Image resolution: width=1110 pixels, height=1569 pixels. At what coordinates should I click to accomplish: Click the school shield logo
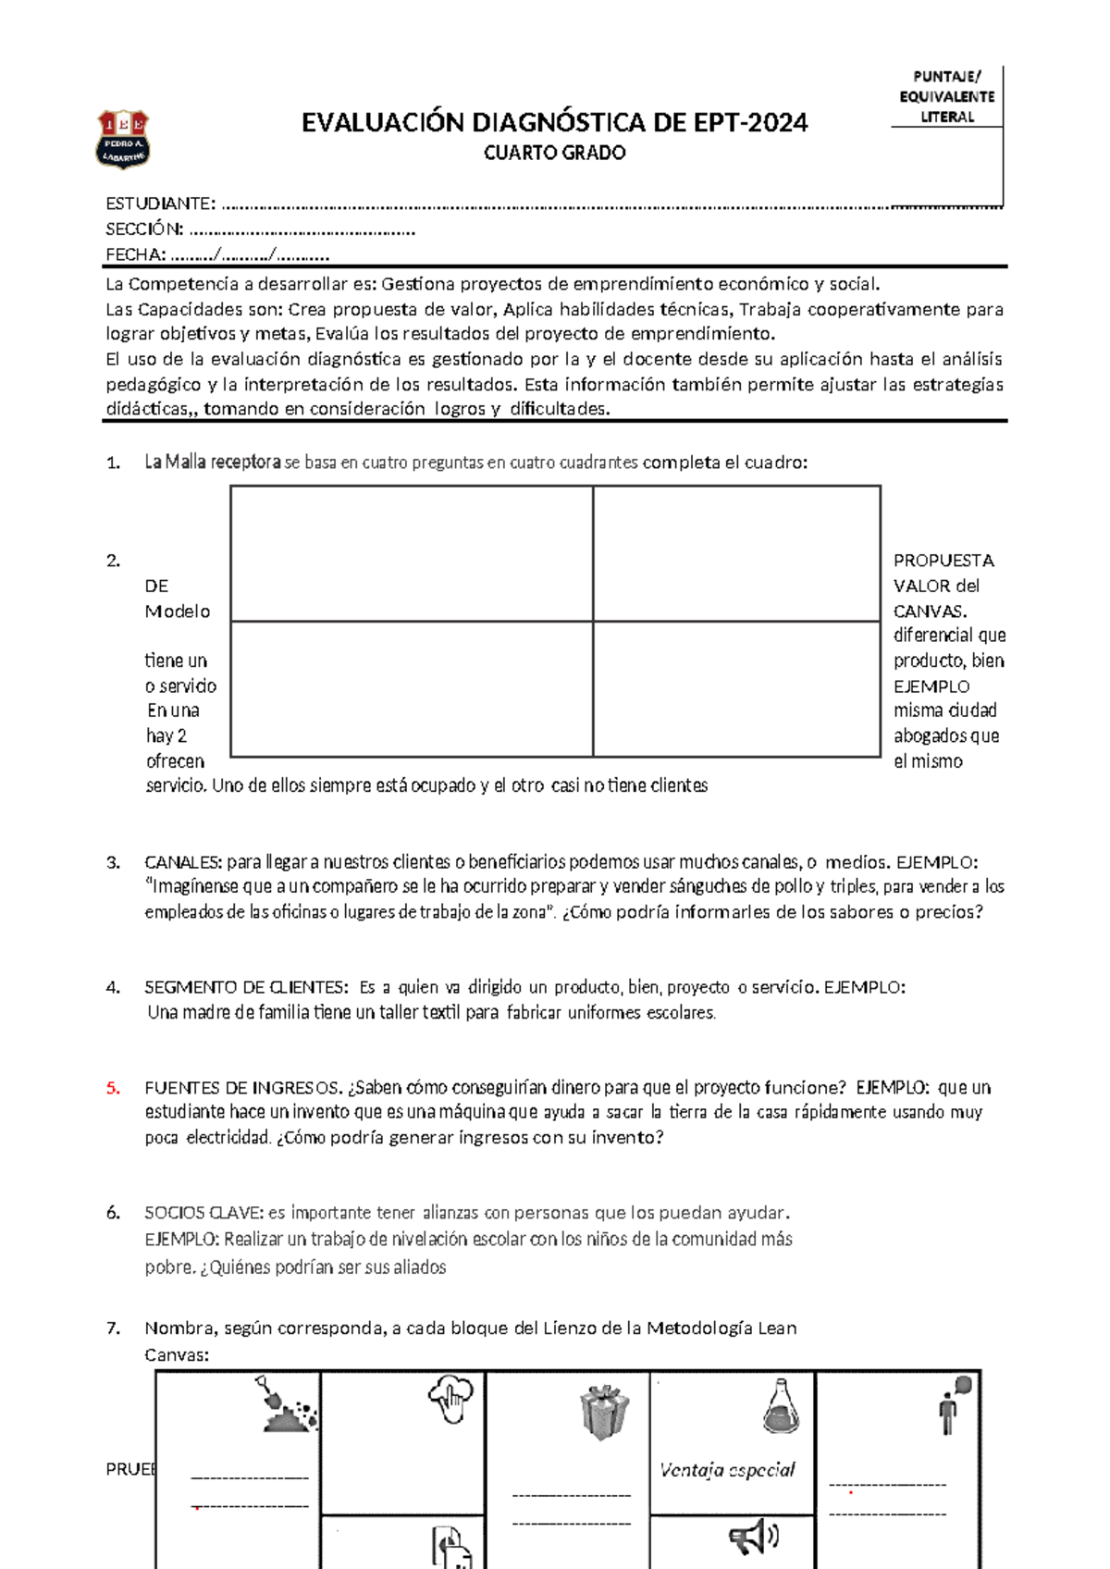pos(123,140)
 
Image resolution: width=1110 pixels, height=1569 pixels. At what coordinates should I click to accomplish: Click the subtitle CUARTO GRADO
pos(554,154)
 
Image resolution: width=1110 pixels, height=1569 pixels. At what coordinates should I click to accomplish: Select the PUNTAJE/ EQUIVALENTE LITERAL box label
pos(946,97)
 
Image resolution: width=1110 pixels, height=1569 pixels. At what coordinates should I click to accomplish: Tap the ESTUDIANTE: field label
pos(160,204)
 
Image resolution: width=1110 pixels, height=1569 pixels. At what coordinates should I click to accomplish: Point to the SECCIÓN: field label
pos(144,229)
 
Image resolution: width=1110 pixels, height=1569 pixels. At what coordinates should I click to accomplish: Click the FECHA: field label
pos(135,255)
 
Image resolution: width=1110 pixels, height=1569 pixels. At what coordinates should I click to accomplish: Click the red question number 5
pos(113,1088)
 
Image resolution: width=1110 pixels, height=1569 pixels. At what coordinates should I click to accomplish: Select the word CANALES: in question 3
pos(183,862)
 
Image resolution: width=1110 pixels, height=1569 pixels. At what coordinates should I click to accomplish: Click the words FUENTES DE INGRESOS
pos(243,1088)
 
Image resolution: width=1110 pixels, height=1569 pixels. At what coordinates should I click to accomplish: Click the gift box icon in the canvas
pos(604,1411)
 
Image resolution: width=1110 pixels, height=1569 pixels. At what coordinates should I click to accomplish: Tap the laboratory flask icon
pos(781,1407)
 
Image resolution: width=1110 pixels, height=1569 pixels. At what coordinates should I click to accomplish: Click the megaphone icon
pos(753,1538)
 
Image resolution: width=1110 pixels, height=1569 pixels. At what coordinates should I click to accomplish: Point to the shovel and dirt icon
pos(287,1405)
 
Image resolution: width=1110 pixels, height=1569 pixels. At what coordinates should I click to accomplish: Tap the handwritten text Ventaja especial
pos(727,1470)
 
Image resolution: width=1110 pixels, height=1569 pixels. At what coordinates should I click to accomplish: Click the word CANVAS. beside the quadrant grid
pos(930,612)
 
